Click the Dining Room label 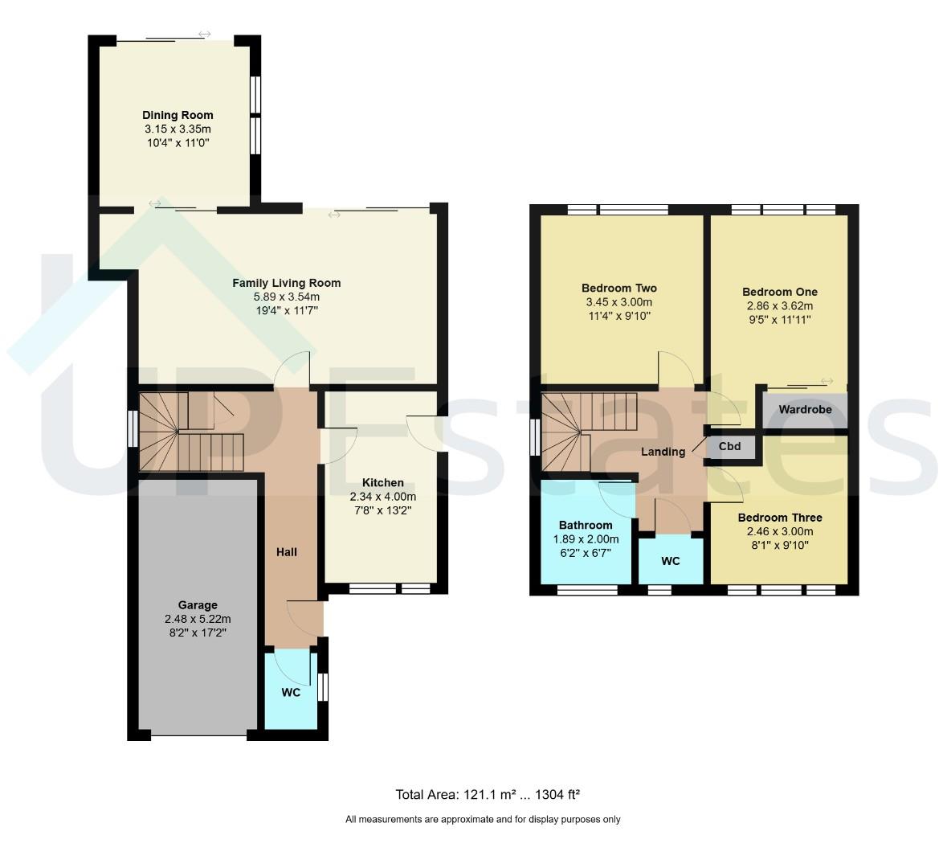pos(178,115)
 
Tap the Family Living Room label pos(286,283)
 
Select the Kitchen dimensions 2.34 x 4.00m pos(383,497)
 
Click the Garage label pos(198,605)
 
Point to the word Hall pos(287,552)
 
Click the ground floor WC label pos(291,693)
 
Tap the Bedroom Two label pos(619,289)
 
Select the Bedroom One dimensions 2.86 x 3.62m pos(780,306)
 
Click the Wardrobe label pos(805,409)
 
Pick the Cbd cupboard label pos(729,447)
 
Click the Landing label pos(663,452)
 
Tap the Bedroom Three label pos(780,518)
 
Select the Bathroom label pos(586,526)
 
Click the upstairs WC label pos(671,561)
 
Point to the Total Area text pos(488,794)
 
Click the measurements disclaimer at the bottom pos(483,820)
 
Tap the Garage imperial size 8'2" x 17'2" pos(198,633)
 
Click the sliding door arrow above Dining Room pos(205,34)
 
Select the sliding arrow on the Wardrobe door pos(827,381)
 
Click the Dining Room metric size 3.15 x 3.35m pos(178,129)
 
